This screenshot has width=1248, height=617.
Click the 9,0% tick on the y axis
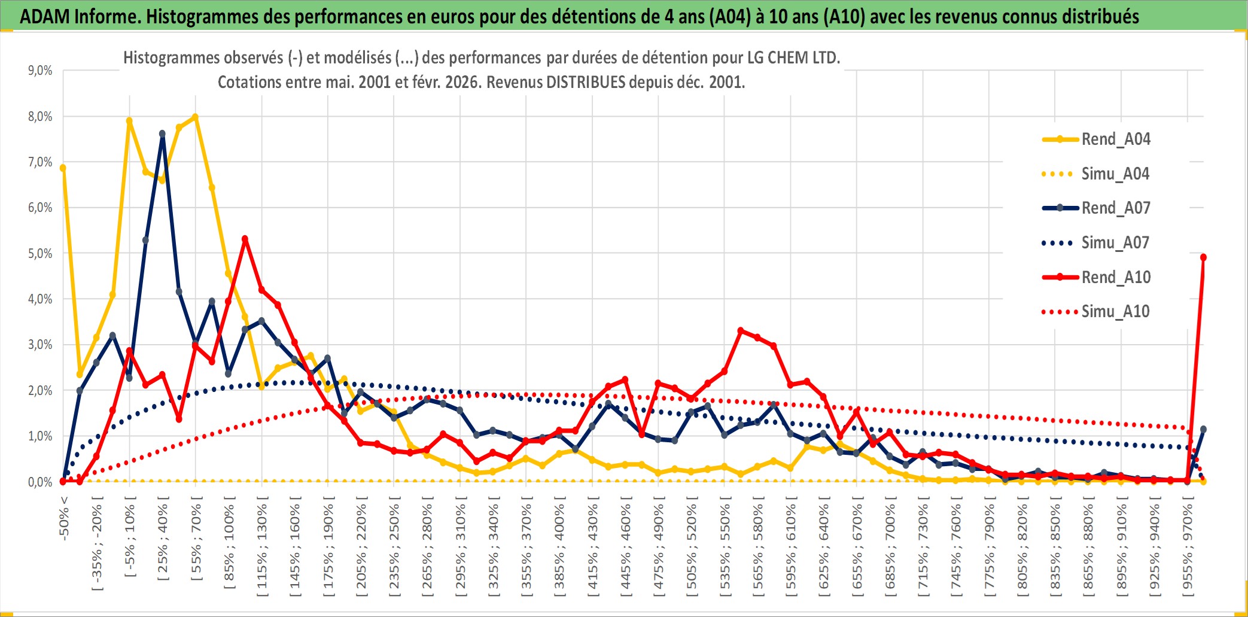(40, 71)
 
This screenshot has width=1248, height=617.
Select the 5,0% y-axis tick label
(40, 254)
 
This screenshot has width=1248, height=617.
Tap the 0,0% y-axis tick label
(40, 482)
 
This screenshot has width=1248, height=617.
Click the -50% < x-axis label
(64, 518)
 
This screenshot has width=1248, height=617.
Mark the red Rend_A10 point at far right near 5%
(1203, 257)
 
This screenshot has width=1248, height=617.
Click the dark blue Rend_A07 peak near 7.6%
(162, 134)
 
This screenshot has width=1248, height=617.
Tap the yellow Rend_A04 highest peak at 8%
(195, 117)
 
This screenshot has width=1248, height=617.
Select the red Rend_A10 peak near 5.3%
(245, 239)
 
